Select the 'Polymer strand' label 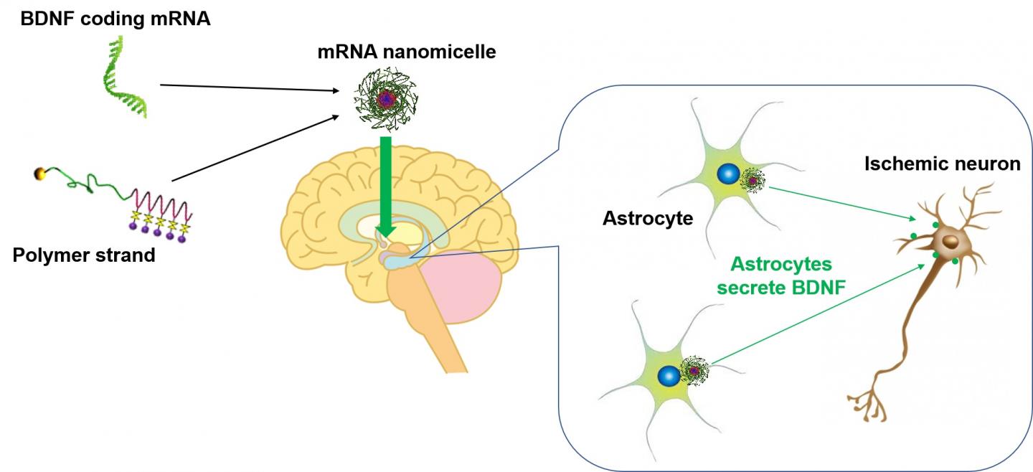(84, 255)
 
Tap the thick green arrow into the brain (386, 187)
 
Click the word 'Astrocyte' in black (648, 217)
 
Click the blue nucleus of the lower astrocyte (669, 374)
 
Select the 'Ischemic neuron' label (942, 164)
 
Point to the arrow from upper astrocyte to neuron (839, 202)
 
